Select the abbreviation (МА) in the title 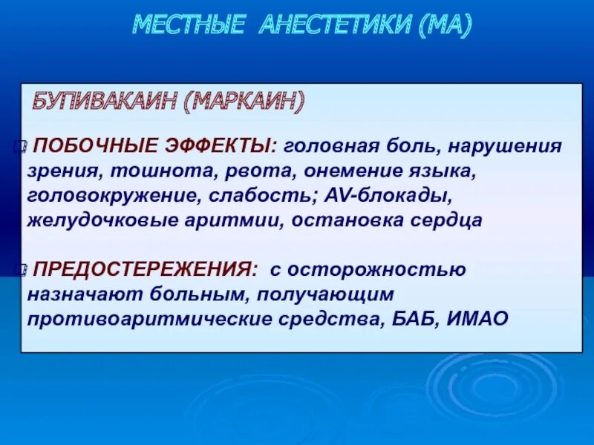pyautogui.click(x=444, y=26)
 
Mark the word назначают pyautogui.click(x=76, y=293)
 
